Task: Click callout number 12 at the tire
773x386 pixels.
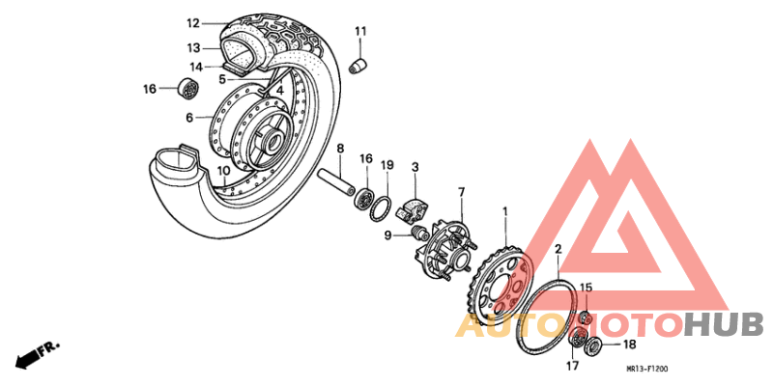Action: point(192,23)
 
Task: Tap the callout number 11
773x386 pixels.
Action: point(360,33)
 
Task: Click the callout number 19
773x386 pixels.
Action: point(386,165)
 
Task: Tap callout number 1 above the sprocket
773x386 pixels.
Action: point(503,209)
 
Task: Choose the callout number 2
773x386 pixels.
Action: point(558,249)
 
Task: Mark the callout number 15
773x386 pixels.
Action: point(586,288)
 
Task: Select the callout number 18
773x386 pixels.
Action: point(628,344)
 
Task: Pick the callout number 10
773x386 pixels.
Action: point(222,171)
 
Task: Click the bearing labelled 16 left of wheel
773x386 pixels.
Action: point(187,90)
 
